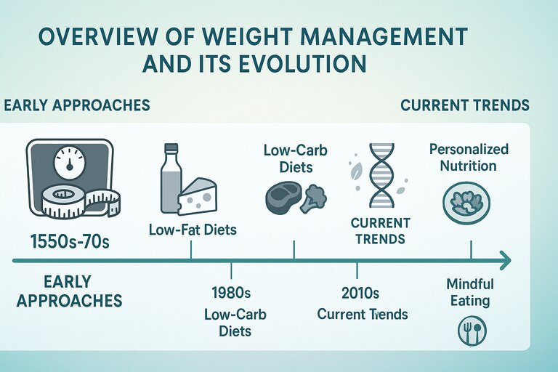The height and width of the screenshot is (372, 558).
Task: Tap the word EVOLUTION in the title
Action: pos(302,64)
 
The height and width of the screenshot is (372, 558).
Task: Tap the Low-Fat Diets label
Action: pos(193,230)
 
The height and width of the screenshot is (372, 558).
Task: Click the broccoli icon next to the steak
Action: pos(313,198)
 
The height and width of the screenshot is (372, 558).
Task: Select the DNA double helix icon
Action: pos(381,175)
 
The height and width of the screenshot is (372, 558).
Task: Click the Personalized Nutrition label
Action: pos(469,158)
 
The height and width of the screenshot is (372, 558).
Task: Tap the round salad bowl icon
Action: pos(466,203)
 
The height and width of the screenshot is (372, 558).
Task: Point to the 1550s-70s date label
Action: pos(70,242)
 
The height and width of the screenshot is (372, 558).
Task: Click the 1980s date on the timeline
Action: pos(231,293)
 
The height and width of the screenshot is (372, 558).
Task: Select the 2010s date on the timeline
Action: pos(360,293)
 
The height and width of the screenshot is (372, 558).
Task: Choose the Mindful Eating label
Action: pos(470,292)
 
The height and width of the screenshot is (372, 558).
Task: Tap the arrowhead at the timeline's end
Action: pos(505,260)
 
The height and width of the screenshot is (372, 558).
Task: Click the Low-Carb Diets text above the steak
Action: pos(296,158)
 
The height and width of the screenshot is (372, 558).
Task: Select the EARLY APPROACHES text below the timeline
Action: pos(69,291)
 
